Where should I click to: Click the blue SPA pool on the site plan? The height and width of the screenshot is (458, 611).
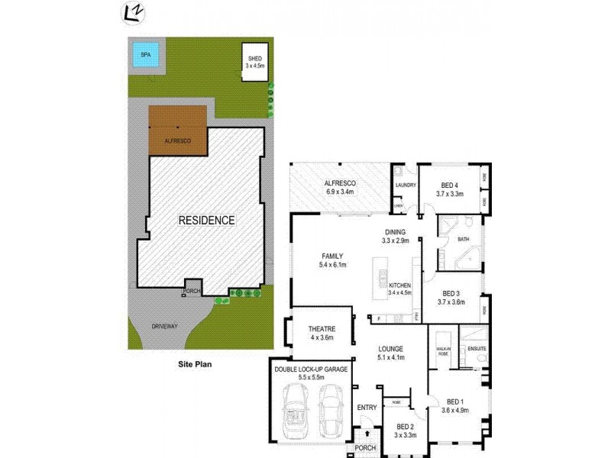coord(142,55)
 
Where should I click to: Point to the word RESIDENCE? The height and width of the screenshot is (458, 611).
coord(206,220)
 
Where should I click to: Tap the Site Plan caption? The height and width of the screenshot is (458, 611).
coord(195,364)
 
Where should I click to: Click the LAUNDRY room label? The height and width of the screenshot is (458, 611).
coord(405,185)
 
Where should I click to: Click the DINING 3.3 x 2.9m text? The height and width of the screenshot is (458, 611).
coord(396,237)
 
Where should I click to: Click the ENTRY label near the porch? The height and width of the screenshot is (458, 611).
coord(367,408)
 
